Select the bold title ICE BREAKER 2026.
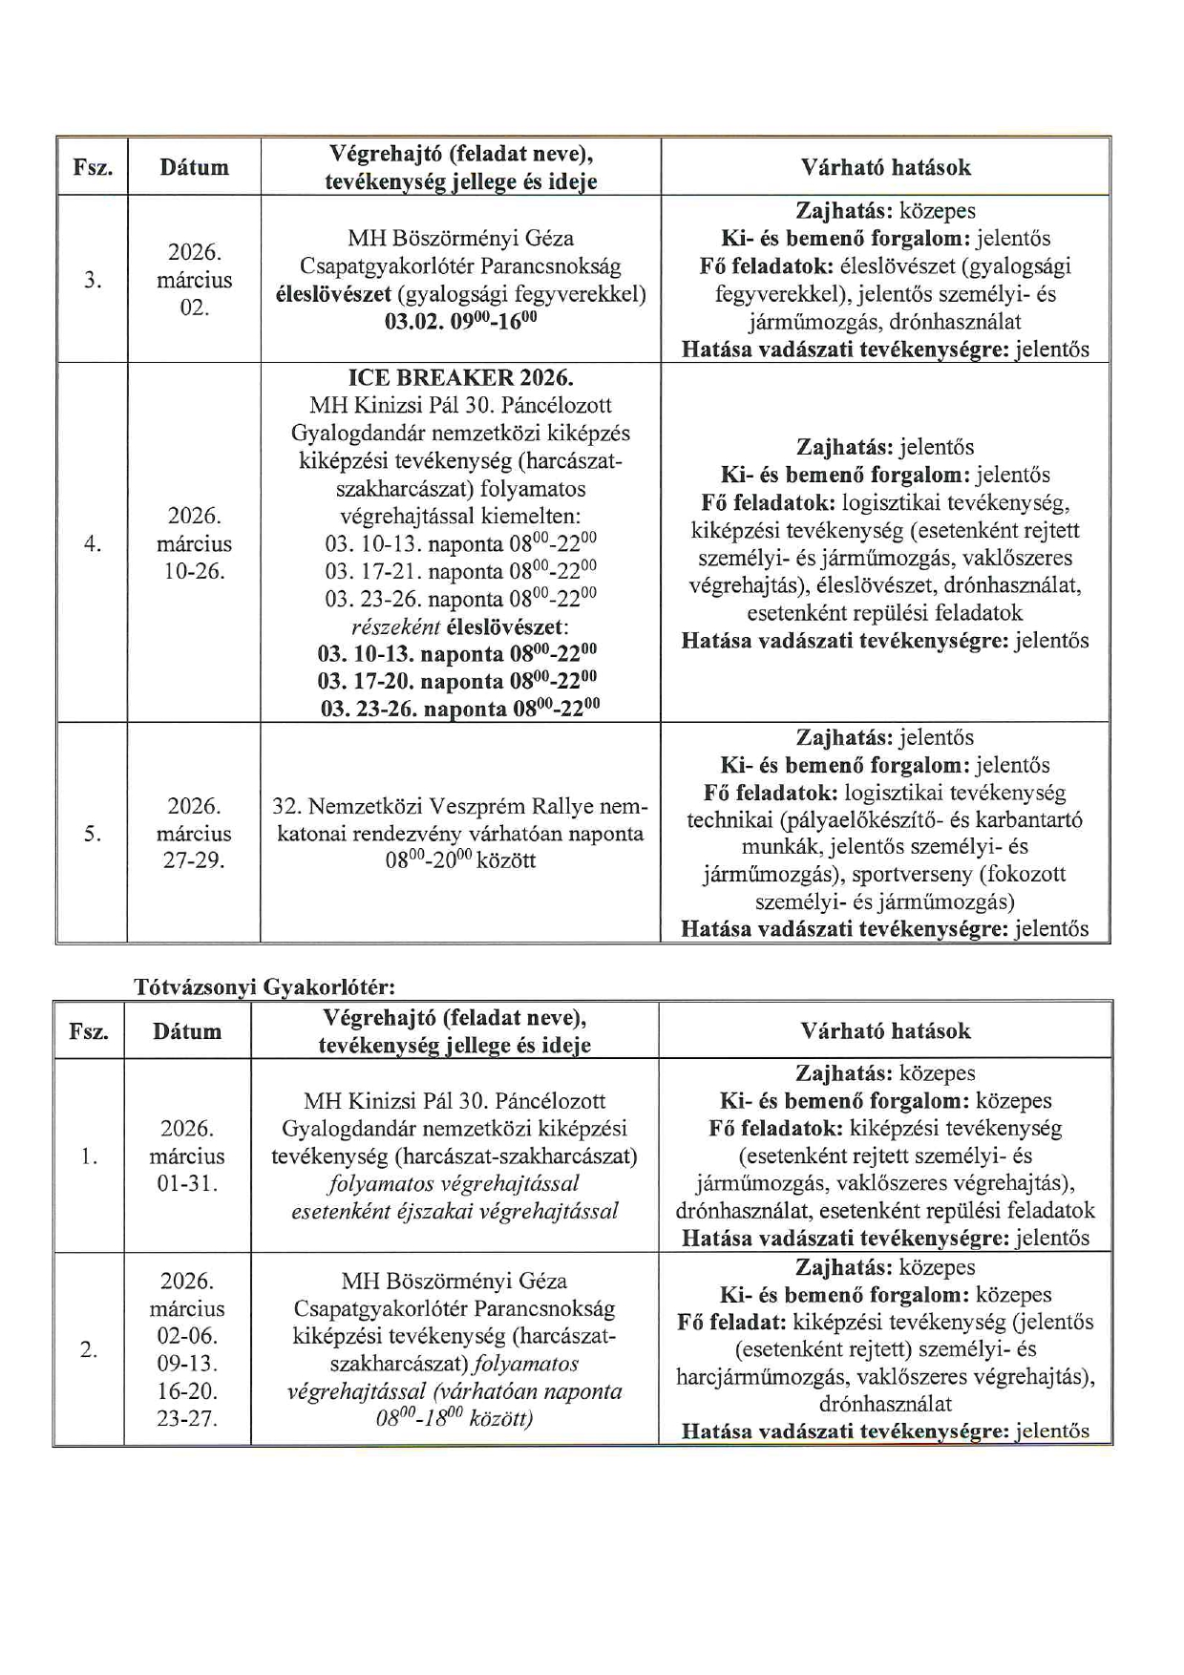click(461, 377)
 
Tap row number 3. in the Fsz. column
click(93, 280)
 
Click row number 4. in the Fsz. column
click(93, 543)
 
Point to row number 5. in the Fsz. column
click(93, 834)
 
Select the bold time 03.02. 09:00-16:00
click(460, 322)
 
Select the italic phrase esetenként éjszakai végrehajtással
click(455, 1212)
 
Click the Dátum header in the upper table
click(194, 167)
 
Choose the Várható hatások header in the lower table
click(885, 1030)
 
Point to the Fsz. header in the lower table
click(89, 1031)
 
